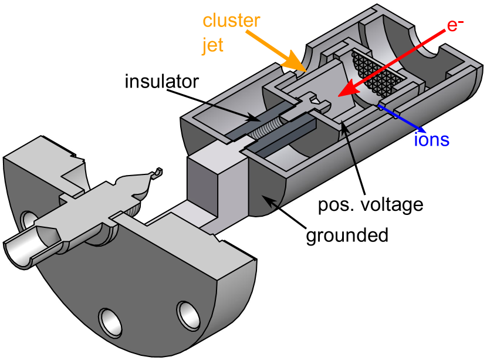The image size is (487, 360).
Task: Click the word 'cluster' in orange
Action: coord(231,22)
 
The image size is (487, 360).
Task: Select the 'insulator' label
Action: coord(162,80)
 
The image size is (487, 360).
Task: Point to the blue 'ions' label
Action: coord(431,140)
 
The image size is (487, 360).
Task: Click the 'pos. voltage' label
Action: coord(370,205)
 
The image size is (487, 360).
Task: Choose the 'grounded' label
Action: coord(347,235)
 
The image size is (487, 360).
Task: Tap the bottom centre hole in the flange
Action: coord(110,321)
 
